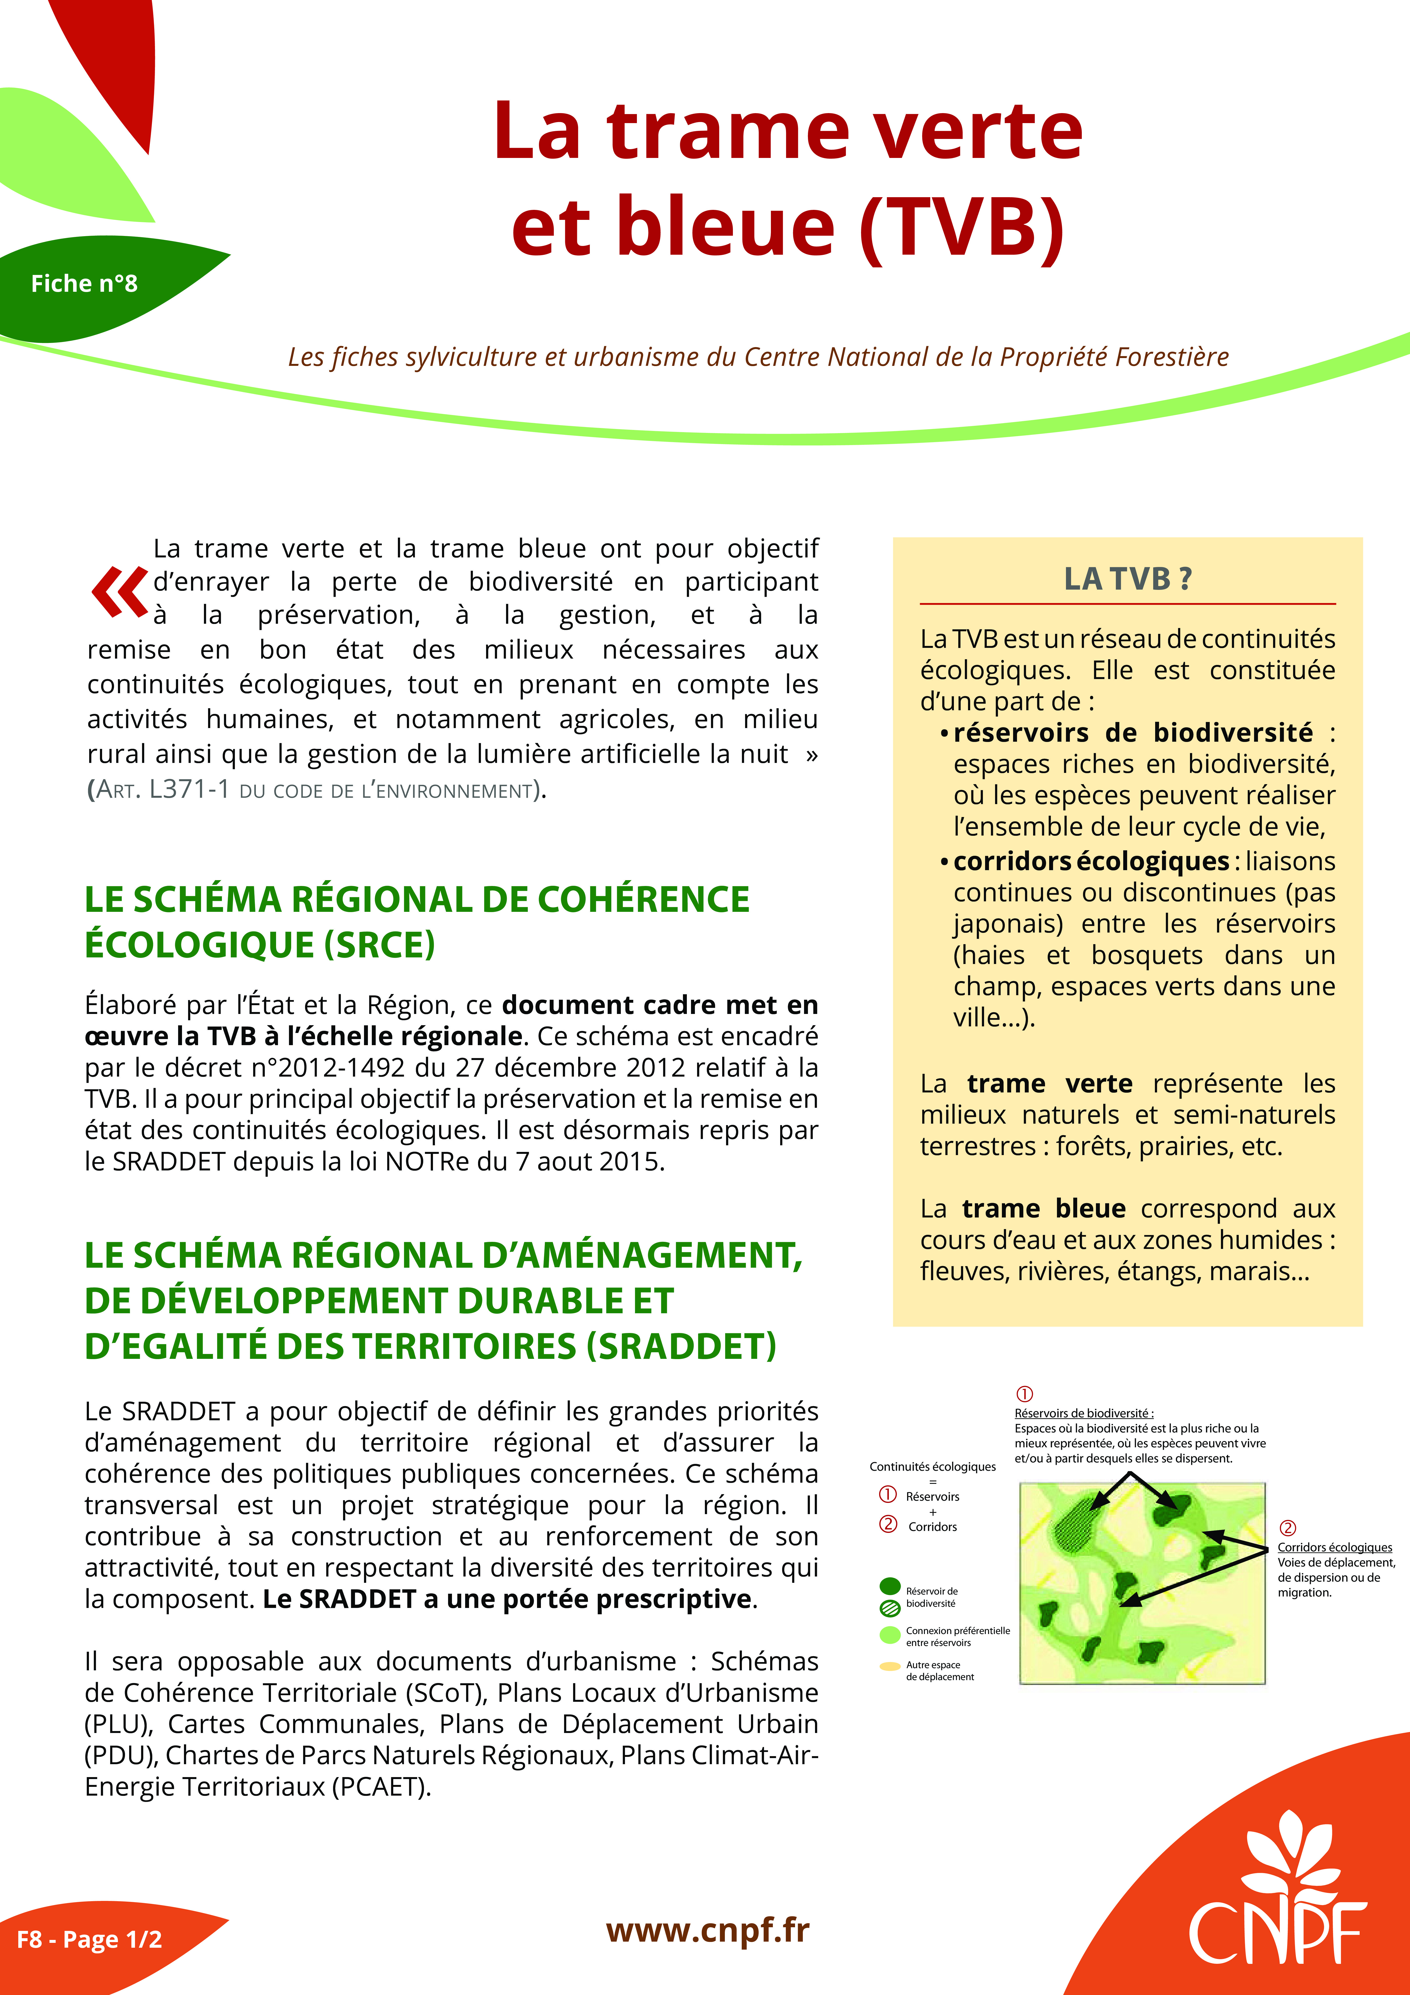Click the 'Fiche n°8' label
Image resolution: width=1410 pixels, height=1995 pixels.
click(84, 283)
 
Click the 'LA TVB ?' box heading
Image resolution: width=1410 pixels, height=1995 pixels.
click(1128, 579)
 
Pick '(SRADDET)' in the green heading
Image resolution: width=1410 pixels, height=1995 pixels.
click(681, 1346)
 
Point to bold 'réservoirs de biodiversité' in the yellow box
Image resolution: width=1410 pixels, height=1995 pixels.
click(1133, 732)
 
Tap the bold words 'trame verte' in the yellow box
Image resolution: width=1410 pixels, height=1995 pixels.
click(1049, 1083)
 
